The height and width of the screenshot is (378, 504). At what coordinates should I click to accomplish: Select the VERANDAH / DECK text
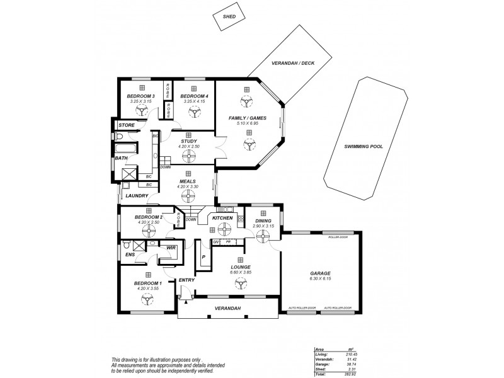tap(290, 64)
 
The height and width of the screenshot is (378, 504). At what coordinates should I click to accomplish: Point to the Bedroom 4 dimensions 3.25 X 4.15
tap(194, 101)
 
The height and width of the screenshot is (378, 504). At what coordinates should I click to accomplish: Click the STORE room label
tap(127, 125)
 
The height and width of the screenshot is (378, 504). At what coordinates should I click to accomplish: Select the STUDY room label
tap(189, 141)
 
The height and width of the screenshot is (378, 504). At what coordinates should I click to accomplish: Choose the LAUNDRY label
tap(136, 196)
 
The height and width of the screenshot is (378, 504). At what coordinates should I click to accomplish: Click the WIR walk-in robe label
tap(170, 249)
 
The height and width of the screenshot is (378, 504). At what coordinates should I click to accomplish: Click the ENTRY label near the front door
tap(186, 280)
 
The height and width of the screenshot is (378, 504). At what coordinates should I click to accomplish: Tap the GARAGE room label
tap(320, 273)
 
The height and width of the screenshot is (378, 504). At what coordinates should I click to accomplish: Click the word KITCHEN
tap(222, 218)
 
